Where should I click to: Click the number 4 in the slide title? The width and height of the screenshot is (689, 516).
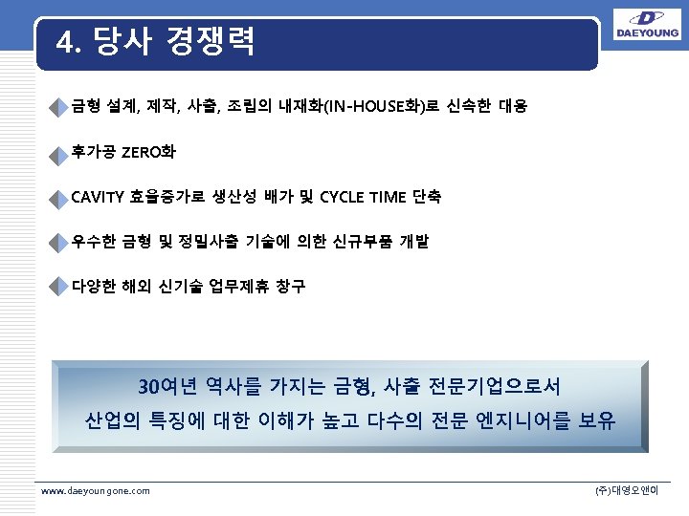65,42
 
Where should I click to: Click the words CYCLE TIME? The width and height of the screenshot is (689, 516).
363,197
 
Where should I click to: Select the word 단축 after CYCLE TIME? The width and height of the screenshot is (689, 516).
427,197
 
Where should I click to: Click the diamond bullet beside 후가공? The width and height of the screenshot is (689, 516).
62,154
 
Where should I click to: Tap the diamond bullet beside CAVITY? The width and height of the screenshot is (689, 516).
62,199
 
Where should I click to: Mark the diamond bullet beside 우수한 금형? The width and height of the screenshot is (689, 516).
62,243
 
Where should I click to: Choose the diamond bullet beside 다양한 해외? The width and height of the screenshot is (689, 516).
62,287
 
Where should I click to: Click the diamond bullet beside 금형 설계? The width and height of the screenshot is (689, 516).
62,106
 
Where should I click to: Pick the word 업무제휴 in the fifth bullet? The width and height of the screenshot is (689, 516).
240,285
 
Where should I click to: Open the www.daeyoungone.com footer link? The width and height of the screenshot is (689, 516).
95,490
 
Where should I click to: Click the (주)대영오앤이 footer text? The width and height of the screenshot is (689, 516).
633,490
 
